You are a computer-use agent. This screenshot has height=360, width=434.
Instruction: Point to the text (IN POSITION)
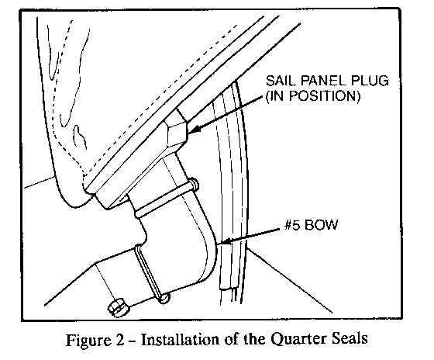(x=313, y=96)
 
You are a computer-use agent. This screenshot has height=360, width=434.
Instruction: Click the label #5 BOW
(x=311, y=224)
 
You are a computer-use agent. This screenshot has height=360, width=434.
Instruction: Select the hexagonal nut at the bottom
(x=118, y=307)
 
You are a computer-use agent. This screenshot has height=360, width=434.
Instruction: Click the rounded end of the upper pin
(x=195, y=185)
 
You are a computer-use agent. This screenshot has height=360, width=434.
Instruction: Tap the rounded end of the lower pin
(x=164, y=299)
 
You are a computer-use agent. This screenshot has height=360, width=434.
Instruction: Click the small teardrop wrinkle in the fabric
(x=80, y=137)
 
